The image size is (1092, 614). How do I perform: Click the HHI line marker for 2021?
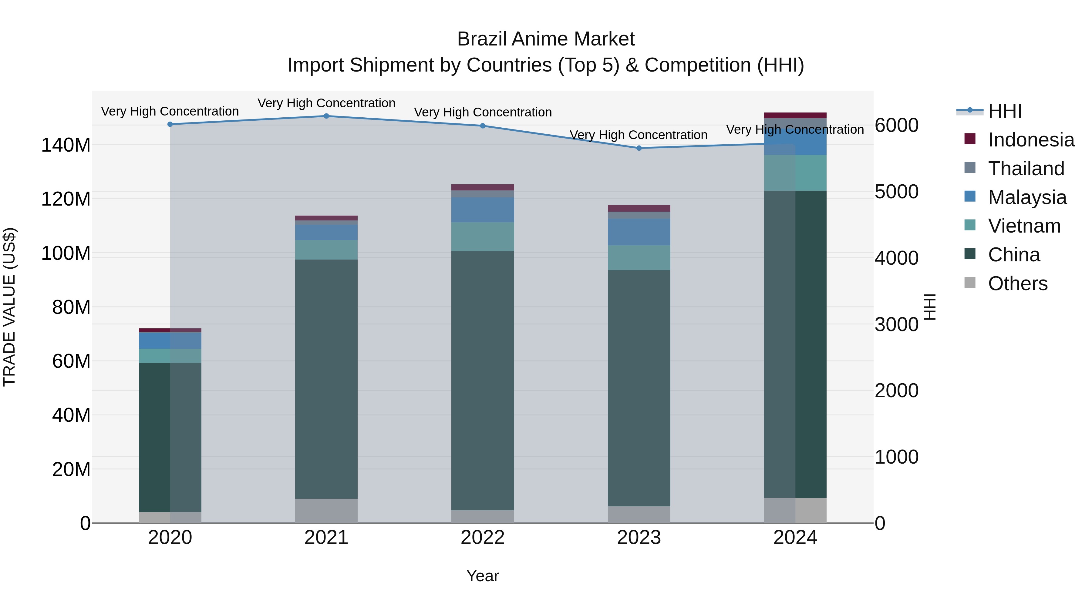coord(326,116)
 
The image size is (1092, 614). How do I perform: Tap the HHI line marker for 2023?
coord(639,148)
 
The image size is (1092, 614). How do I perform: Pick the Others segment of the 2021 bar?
coord(326,511)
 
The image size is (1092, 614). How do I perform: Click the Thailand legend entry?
coord(1026,169)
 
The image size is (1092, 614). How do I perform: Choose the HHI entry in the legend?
coord(1005,111)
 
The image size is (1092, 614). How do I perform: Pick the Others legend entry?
coord(1017,284)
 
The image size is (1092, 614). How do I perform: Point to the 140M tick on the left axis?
coord(66,145)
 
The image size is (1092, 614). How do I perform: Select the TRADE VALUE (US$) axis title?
coord(10,307)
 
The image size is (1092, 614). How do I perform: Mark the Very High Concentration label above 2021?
coord(326,103)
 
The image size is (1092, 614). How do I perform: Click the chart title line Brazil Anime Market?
coord(546,39)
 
